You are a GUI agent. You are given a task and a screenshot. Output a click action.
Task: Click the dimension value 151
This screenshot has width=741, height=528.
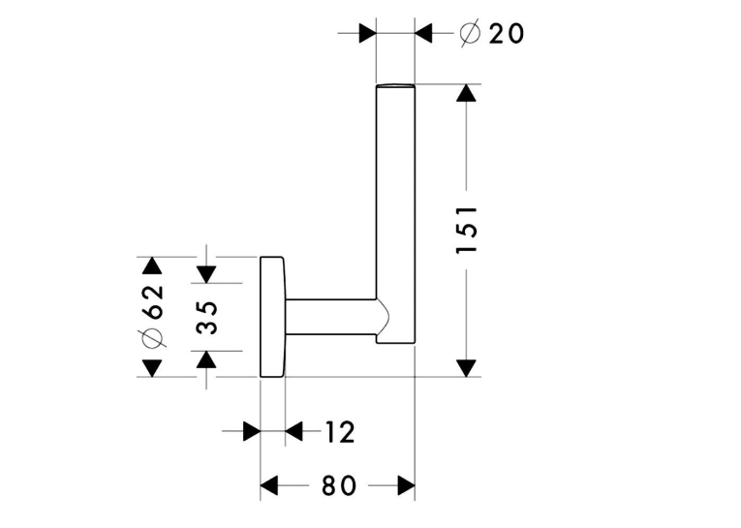coord(467,231)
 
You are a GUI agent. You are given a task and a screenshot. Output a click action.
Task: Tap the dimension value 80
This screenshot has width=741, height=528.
coord(338,485)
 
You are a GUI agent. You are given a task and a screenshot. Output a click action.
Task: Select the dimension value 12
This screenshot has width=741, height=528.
coord(340,432)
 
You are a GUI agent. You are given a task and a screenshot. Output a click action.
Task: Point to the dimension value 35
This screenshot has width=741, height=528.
coord(206,317)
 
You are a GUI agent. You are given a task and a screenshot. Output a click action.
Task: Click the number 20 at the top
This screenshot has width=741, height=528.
coord(507,34)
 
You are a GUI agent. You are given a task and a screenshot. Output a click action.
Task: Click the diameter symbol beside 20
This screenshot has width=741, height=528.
coord(470,34)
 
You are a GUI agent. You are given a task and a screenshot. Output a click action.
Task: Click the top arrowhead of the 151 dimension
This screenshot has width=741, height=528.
coord(467,93)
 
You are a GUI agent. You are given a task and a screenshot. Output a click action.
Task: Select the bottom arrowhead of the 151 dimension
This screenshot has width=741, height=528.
coord(467,368)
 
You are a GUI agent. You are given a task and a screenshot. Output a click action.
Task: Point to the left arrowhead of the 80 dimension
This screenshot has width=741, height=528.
coord(269,485)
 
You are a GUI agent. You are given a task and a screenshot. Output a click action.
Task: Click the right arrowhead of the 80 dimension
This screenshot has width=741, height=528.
coord(407,485)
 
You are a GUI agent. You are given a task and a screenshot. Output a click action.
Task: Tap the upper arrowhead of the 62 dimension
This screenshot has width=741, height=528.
coord(152,265)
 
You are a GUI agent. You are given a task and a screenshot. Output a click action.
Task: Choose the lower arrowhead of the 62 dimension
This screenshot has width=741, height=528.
coord(152,368)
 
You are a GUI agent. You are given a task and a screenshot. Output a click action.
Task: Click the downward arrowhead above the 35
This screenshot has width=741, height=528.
coord(206,274)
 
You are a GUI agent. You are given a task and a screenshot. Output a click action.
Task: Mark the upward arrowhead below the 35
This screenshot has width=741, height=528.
coord(206,359)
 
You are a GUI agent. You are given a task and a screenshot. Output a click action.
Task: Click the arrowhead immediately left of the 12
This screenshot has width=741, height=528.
coord(293,431)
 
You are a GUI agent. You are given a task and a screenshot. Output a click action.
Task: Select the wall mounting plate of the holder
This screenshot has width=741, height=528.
coord(273,317)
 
